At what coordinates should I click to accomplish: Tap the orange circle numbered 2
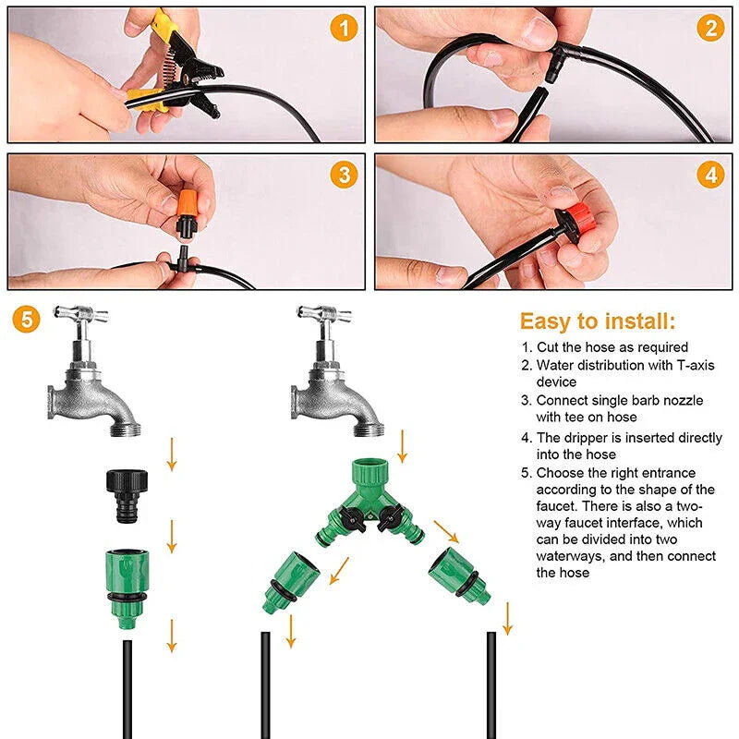point(709,29)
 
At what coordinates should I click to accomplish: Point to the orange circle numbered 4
point(709,175)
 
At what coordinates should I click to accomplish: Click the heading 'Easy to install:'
point(597,321)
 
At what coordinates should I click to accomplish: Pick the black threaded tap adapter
point(125,493)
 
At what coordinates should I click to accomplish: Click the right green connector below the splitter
point(458,574)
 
